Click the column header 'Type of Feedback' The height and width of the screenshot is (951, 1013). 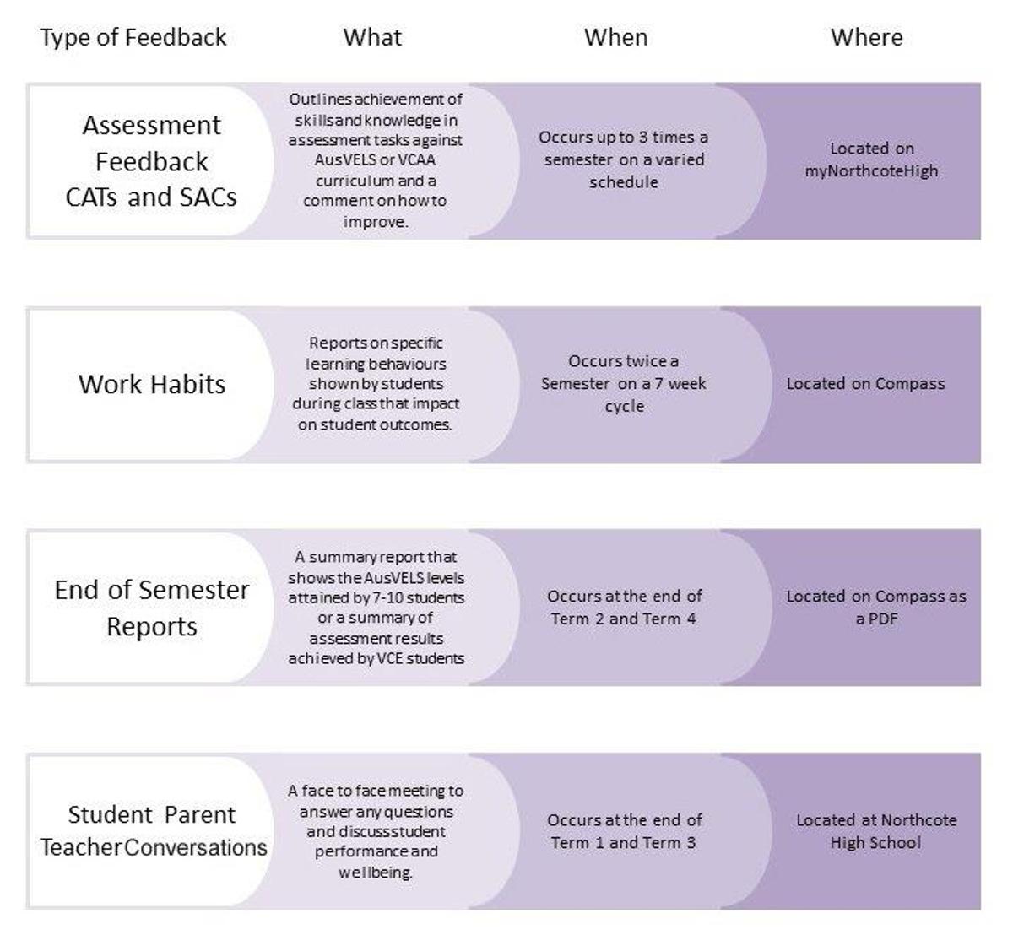[133, 38]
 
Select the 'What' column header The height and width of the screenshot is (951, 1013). [372, 37]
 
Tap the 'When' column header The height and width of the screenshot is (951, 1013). [615, 37]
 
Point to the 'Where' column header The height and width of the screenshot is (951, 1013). [867, 37]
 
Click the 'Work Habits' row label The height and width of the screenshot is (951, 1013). [151, 384]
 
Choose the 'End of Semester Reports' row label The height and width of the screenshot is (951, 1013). [151, 608]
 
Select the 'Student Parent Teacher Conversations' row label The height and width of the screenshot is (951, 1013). [153, 830]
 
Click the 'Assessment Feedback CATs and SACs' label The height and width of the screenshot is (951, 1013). [151, 161]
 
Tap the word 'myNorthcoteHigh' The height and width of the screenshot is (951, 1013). [871, 171]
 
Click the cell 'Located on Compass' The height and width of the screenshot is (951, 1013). [865, 383]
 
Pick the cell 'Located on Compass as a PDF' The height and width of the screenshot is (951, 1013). [875, 608]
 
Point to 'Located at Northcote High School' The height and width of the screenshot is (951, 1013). [875, 831]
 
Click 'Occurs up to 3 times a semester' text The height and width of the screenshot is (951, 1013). [623, 149]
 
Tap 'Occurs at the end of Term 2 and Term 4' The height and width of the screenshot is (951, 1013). [624, 608]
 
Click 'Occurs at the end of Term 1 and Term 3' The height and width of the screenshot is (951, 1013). [624, 831]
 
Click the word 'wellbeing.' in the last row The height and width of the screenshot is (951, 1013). [375, 873]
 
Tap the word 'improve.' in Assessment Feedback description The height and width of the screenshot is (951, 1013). [376, 222]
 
